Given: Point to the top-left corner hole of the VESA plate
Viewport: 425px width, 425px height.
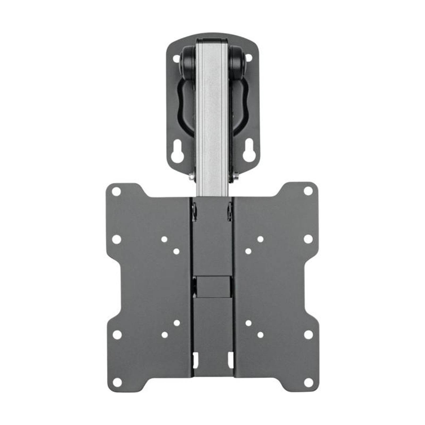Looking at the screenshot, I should tap(116, 191).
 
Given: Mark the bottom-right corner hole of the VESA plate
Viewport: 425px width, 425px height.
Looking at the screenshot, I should tap(308, 382).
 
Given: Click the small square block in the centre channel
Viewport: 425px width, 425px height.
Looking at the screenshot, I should tap(213, 286).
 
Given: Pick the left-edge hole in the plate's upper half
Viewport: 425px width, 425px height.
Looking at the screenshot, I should tap(116, 239).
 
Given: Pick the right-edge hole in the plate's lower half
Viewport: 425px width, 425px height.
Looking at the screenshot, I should tap(308, 335).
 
